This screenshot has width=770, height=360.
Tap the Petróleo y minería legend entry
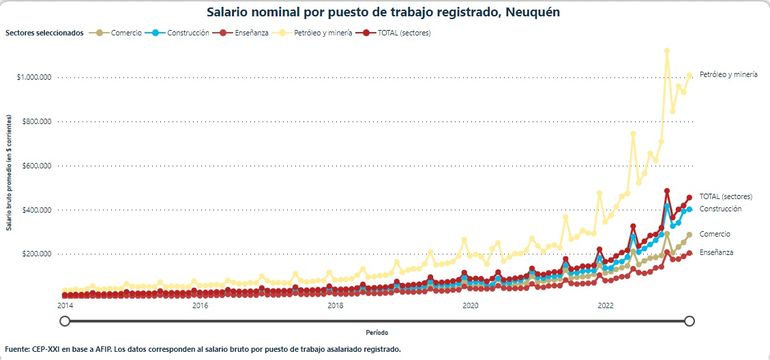[x=340, y=33]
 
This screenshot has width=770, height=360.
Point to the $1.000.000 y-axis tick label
[x=36, y=77]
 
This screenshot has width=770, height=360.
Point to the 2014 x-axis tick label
[x=65, y=305]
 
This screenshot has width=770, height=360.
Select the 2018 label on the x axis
[x=335, y=305]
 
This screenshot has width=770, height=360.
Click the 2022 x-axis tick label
[x=605, y=305]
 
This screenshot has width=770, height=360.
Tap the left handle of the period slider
[x=65, y=320]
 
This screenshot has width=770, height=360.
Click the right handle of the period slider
[x=689, y=320]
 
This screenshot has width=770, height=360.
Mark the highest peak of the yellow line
[x=667, y=50]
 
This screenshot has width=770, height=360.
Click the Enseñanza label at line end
[x=716, y=252]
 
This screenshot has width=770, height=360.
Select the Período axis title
[x=377, y=331]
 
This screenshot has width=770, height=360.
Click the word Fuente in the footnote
[x=18, y=349]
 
